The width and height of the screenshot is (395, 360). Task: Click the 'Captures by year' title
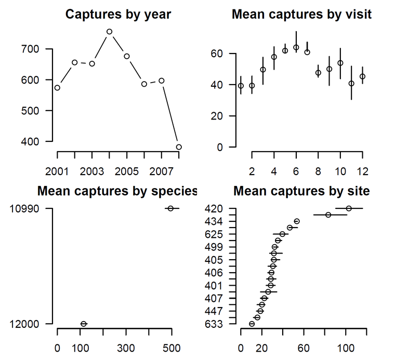pos(118,15)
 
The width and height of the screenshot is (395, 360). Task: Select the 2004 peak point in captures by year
pos(109,32)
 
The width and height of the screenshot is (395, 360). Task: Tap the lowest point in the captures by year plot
pos(179,147)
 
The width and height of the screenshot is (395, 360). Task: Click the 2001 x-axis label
pos(57,171)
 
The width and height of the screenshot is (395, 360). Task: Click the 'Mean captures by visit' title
pos(301,15)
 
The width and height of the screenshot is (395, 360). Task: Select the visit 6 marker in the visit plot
pos(296,47)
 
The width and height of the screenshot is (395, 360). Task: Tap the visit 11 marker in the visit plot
pos(351,83)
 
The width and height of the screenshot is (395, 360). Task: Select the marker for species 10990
pos(170,208)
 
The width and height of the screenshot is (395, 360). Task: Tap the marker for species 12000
pos(84,324)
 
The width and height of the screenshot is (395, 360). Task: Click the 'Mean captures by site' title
pos(301,191)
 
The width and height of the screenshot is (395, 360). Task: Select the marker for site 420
pos(349,208)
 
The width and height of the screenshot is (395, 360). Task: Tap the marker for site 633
pos(252,324)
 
